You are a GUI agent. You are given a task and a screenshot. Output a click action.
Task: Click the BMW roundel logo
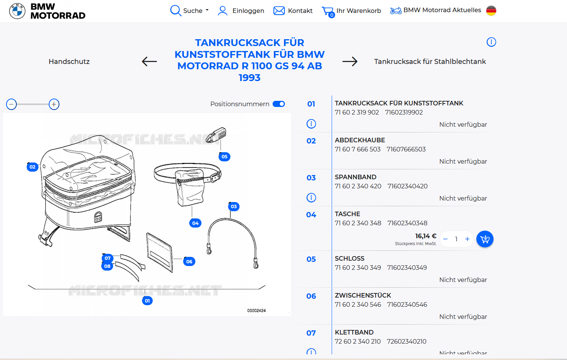pyautogui.click(x=17, y=11)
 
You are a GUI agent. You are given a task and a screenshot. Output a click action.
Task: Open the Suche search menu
pyautogui.click(x=189, y=11)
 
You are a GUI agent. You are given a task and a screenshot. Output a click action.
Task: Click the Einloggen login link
pyautogui.click(x=241, y=11)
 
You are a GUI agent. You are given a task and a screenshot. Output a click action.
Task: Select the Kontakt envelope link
pyautogui.click(x=293, y=11)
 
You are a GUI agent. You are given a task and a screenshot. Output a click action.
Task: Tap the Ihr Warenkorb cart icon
pyautogui.click(x=327, y=11)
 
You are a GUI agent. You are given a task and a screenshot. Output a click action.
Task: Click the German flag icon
pyautogui.click(x=491, y=11)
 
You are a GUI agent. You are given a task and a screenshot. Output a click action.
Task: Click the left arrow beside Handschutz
pyautogui.click(x=149, y=61)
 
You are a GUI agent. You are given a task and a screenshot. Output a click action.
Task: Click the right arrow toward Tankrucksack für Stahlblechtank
pyautogui.click(x=350, y=61)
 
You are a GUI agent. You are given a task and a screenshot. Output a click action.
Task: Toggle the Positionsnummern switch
pyautogui.click(x=279, y=104)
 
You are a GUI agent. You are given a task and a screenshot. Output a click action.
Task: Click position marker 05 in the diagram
pyautogui.click(x=224, y=156)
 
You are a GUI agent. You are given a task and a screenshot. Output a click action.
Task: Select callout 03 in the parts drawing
pyautogui.click(x=234, y=206)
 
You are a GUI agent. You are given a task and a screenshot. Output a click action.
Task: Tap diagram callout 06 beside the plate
pyautogui.click(x=189, y=261)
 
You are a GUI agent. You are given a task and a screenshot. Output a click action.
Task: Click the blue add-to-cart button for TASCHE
pyautogui.click(x=485, y=239)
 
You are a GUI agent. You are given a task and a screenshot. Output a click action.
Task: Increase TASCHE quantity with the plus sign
pyautogui.click(x=467, y=239)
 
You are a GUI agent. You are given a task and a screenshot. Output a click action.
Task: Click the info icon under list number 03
pyautogui.click(x=311, y=198)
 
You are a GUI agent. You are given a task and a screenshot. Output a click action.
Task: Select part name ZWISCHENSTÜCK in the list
pyautogui.click(x=363, y=295)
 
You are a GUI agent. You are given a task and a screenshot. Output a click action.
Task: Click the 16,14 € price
pyautogui.click(x=425, y=236)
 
